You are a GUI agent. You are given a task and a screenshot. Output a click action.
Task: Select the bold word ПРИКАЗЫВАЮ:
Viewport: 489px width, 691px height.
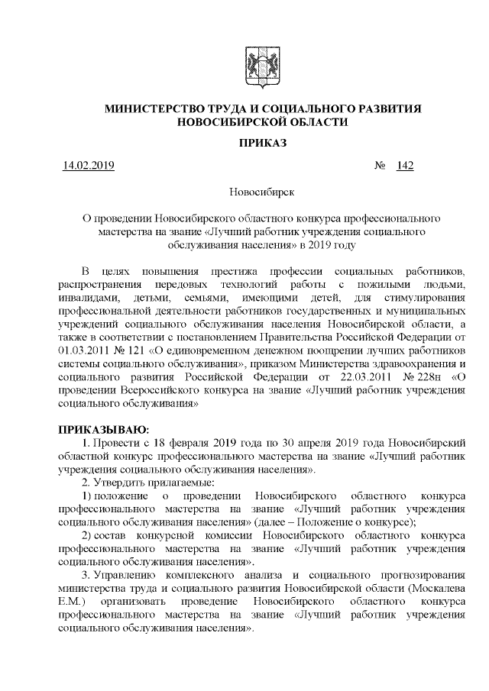click(x=95, y=431)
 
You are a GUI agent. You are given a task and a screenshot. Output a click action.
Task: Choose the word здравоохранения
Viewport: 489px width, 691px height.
click(x=411, y=365)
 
